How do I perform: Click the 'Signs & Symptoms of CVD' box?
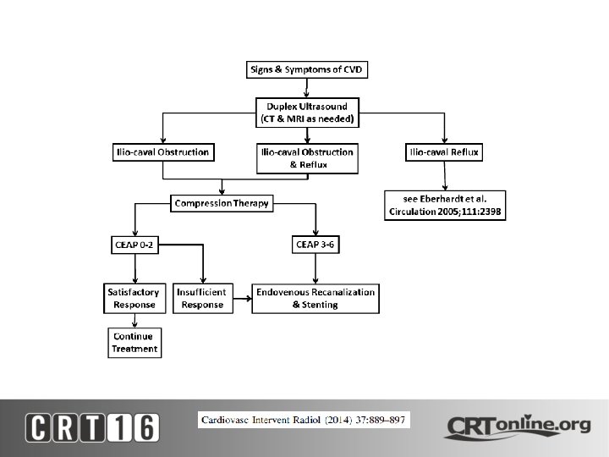click(x=308, y=69)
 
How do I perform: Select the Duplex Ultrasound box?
click(x=308, y=113)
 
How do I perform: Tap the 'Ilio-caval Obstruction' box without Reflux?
click(x=162, y=152)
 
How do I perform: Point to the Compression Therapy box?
click(x=221, y=203)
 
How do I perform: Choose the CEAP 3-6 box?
click(x=315, y=245)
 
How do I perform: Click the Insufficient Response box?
click(x=200, y=298)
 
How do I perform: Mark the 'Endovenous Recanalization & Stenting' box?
click(x=315, y=298)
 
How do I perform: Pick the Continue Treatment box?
click(x=134, y=343)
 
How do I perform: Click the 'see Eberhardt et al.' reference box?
click(x=445, y=206)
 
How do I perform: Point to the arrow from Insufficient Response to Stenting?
click(x=240, y=298)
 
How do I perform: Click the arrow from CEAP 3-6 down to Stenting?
click(x=315, y=268)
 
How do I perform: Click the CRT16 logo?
click(x=92, y=426)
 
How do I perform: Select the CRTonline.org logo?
click(x=517, y=426)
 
